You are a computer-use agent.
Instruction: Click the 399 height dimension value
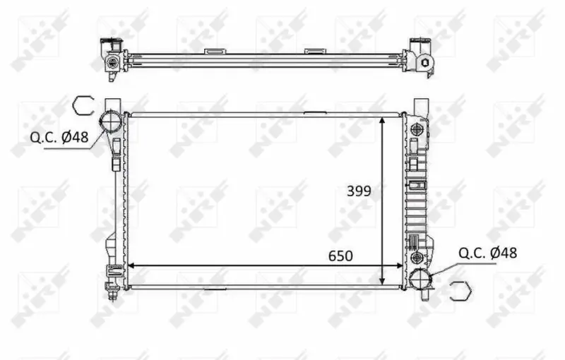tap(359, 191)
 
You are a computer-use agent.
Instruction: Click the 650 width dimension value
tap(340, 256)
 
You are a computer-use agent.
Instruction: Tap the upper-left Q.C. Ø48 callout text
tap(59, 137)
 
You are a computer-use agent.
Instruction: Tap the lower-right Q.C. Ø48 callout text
tap(487, 253)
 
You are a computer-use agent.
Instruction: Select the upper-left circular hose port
tap(110, 120)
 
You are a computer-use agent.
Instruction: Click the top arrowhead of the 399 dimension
tap(382, 120)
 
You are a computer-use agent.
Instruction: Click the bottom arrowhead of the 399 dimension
tap(382, 281)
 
